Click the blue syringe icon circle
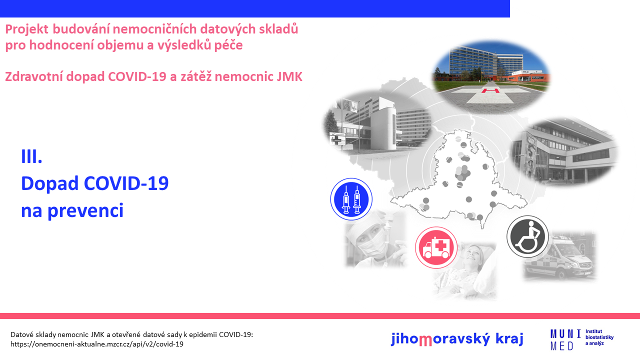point(351,199)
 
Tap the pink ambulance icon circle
point(436,247)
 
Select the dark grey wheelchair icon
point(527,236)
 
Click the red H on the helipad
point(490,91)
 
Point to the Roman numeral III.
point(31,156)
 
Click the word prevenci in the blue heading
point(85,211)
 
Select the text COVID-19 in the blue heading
point(126,183)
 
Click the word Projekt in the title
point(27,29)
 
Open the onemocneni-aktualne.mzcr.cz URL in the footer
point(97,344)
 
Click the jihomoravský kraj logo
point(457,339)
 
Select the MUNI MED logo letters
point(565,339)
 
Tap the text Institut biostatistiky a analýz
point(599,337)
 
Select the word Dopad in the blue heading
point(49,183)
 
